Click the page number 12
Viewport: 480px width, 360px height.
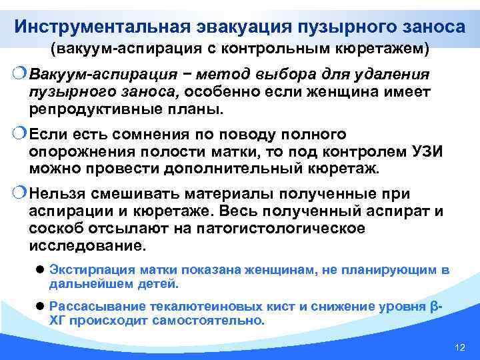click(458, 348)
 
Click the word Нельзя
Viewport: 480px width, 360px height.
click(59, 194)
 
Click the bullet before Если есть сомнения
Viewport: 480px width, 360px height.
click(21, 135)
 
